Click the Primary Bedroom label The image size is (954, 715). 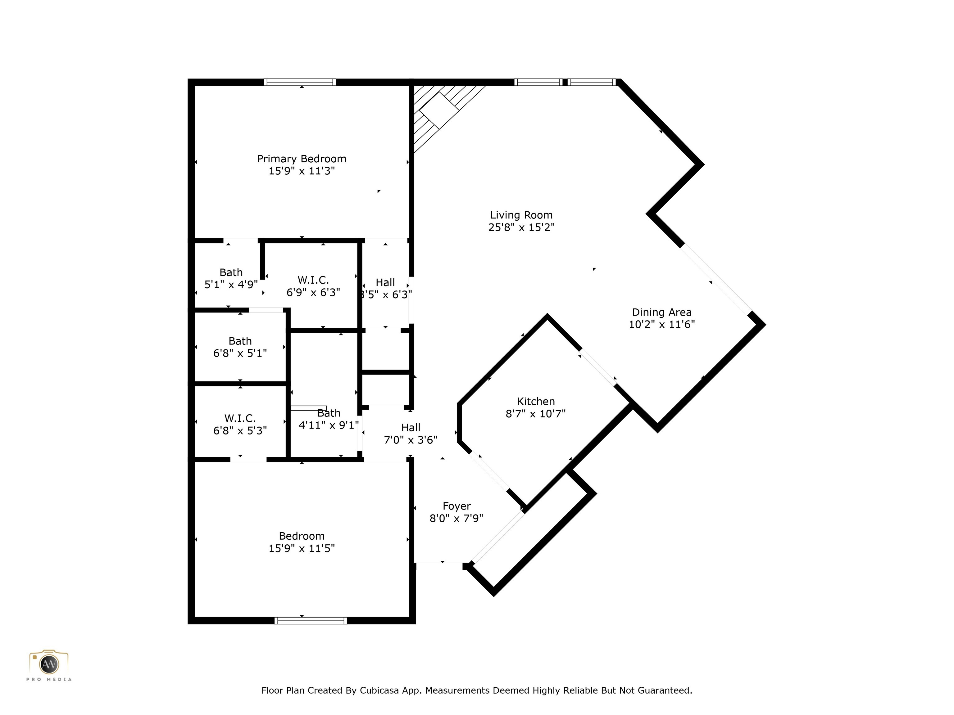[302, 159]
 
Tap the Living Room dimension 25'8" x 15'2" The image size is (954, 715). [521, 227]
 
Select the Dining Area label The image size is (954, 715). [661, 313]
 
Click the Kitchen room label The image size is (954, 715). [536, 401]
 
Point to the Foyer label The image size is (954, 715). [456, 506]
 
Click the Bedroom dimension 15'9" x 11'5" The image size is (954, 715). [302, 548]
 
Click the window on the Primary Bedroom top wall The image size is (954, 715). [300, 82]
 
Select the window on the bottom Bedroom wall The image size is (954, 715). [311, 621]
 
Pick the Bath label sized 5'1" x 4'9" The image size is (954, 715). [231, 272]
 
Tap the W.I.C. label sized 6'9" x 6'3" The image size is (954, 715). [313, 280]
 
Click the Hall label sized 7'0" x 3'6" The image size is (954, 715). [410, 428]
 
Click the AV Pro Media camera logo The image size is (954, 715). [49, 664]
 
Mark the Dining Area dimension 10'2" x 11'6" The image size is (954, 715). [661, 325]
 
